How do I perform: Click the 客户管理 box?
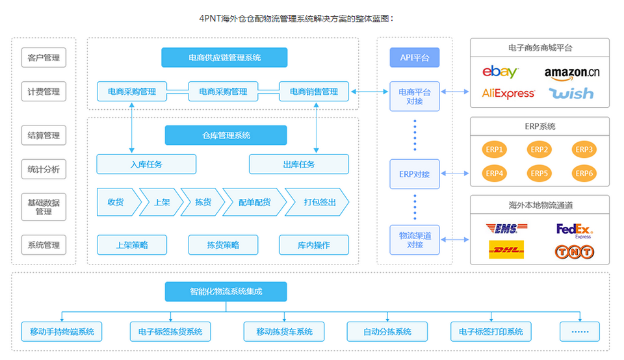point(44,58)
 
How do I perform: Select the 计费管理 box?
point(44,92)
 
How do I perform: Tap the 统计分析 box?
point(44,170)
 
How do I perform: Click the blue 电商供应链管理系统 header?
point(224,58)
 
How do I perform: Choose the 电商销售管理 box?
point(314,92)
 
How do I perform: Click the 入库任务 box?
point(146,164)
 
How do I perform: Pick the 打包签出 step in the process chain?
point(318,202)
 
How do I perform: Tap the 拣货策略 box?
point(223,245)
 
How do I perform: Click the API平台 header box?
point(414,58)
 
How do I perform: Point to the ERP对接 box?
point(414,174)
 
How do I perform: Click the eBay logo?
point(500,72)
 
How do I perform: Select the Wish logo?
point(571,94)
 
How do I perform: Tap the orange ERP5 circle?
point(539,174)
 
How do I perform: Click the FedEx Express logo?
point(575,230)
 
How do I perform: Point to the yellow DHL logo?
point(506,250)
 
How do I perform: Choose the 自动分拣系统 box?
point(387,331)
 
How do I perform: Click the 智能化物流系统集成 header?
point(226,292)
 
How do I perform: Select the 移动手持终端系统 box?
point(62,331)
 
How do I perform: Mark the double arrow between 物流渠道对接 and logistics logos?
point(455,240)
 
